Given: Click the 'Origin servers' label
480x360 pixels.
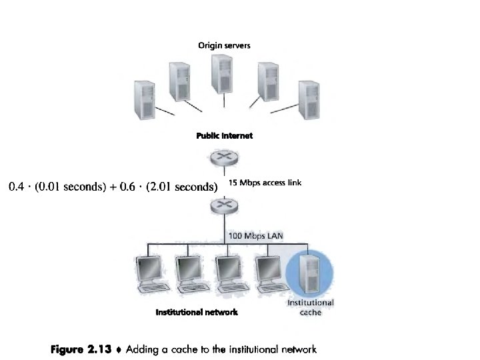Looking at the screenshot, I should [224, 45].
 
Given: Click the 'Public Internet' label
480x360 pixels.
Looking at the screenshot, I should [224, 135].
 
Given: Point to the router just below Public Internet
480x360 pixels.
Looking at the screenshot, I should [224, 159].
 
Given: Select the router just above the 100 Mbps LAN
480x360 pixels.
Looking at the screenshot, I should [224, 208].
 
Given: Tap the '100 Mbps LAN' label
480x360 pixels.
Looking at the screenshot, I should [251, 235].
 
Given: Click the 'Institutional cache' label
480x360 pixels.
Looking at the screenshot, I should [311, 307].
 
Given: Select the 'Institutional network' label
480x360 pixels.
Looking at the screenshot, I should [196, 311].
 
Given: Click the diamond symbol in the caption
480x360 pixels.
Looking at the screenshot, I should [117, 349].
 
